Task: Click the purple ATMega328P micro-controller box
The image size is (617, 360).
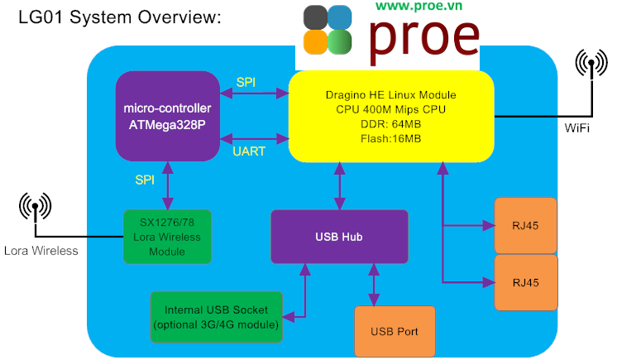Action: coord(168,116)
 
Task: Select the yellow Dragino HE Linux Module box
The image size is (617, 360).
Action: coord(391,117)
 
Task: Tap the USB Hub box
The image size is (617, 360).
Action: coord(339,237)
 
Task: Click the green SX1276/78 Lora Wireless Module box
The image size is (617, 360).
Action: coord(167,237)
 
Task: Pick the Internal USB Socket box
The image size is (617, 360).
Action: coord(217,317)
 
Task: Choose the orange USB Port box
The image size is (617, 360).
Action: coord(395,331)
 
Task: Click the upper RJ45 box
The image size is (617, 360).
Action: coord(525,226)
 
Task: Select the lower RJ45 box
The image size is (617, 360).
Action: coord(526,282)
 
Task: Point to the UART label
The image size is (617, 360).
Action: coord(249,151)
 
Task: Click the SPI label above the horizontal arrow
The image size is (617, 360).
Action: coord(246,82)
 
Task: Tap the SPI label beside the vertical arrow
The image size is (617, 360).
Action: coord(145,180)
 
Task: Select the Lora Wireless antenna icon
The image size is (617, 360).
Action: coord(35,207)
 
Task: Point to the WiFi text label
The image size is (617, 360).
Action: coord(576,128)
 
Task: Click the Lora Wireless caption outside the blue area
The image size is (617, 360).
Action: coord(41,251)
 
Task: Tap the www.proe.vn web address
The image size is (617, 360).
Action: coord(419,6)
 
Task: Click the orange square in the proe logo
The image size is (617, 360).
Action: coord(315,42)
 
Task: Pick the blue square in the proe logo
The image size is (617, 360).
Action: coord(340,17)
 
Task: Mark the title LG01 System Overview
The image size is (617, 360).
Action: coord(120,17)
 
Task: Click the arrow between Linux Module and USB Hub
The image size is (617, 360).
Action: coord(340,186)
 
